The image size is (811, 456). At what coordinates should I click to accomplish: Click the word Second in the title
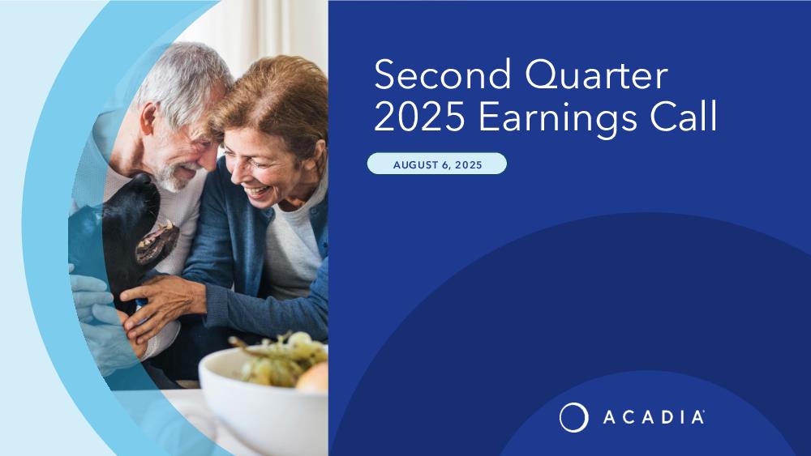tap(443, 75)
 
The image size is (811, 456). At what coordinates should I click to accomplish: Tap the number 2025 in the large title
tap(419, 117)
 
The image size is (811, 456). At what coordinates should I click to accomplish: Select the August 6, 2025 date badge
tap(437, 164)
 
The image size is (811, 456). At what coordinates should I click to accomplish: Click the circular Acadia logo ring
tap(573, 417)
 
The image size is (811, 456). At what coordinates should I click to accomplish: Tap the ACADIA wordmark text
tap(653, 417)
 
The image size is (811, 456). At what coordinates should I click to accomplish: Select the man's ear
tap(148, 118)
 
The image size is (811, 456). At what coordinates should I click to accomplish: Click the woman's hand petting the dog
tap(161, 305)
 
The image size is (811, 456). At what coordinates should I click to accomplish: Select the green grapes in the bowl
tap(279, 359)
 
